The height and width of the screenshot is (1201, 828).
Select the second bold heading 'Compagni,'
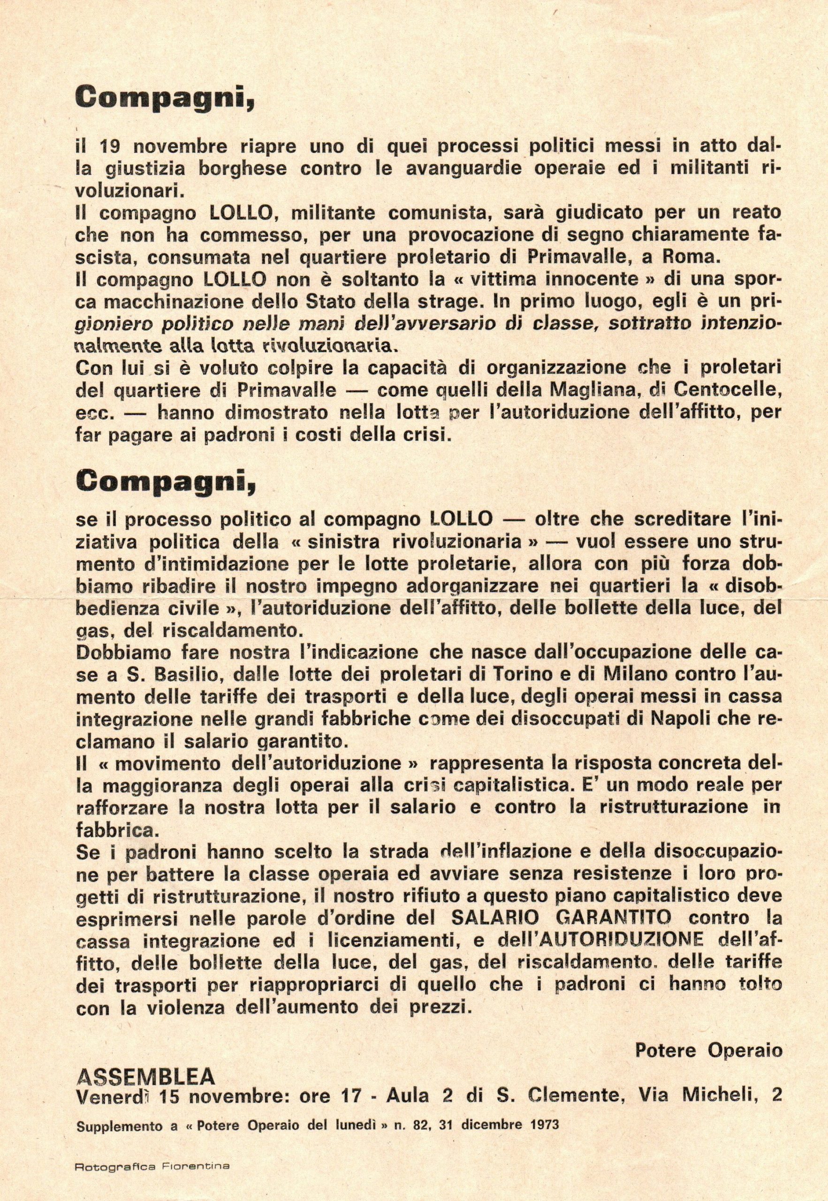[x=166, y=482]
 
